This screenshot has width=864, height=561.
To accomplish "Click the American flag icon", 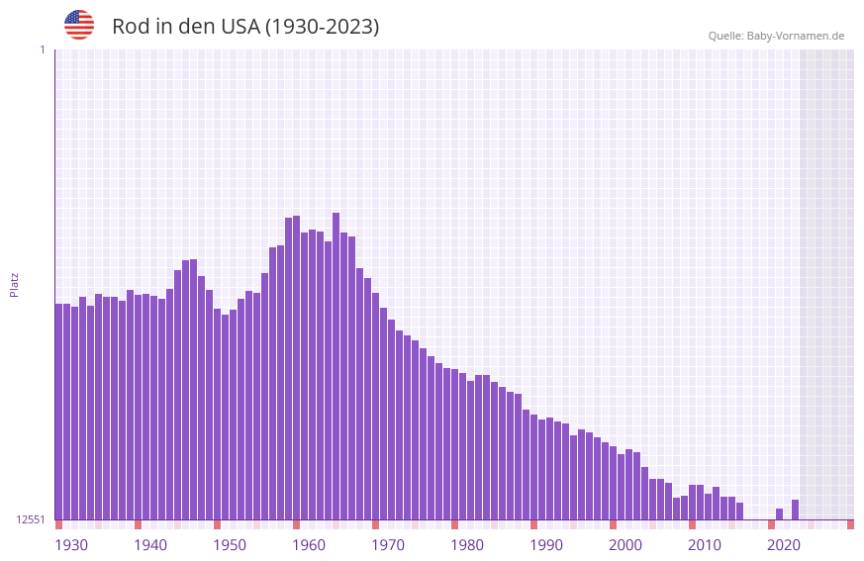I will (79, 25).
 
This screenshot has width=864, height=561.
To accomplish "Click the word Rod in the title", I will (130, 27).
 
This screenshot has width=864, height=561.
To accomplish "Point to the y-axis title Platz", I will (14, 284).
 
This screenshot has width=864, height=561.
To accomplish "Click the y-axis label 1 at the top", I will (42, 49).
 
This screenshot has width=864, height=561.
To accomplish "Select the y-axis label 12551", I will (31, 519).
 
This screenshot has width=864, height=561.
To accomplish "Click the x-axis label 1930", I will (71, 545).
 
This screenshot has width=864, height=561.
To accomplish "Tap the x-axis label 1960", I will (309, 545).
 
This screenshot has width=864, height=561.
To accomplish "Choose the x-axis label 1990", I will (546, 545).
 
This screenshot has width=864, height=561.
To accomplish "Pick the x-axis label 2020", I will (784, 545).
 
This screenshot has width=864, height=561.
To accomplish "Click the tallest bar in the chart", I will (336, 366).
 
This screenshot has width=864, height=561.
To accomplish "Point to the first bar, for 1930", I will (59, 411).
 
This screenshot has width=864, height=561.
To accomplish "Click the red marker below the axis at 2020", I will (772, 524).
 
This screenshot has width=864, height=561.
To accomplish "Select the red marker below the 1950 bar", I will (218, 524).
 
